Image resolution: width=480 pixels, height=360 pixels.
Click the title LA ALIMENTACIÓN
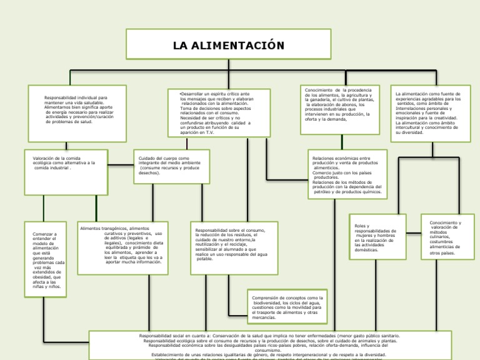click(228, 45)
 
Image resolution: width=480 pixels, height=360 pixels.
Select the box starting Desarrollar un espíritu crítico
click(220, 112)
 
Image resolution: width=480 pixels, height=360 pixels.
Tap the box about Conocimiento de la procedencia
click(340, 108)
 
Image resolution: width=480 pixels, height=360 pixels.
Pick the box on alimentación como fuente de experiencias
click(431, 112)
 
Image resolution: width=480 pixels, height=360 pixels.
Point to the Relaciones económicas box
click(347, 174)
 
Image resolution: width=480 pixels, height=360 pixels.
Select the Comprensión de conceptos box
click(287, 308)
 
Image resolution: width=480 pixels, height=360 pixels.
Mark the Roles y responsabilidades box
click(377, 237)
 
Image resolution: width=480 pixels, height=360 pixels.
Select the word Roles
click(361, 226)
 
